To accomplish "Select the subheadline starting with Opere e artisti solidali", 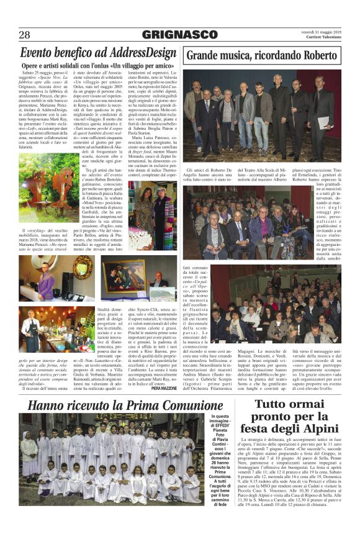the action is (x=97, y=66).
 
